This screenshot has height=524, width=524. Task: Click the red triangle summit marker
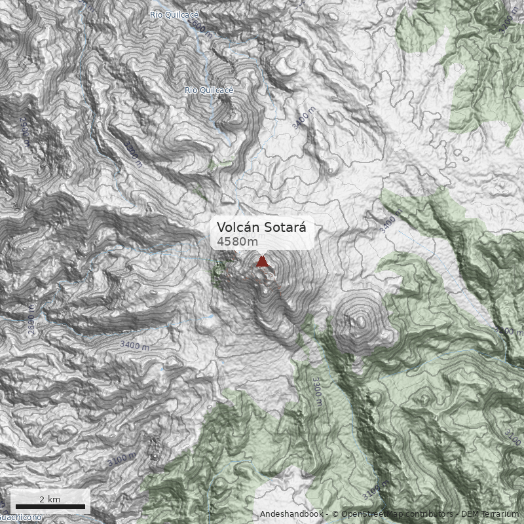263,261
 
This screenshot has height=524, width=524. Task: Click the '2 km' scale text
50,499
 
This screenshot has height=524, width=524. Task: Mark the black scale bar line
50,506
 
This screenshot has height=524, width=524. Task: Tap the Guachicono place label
20,517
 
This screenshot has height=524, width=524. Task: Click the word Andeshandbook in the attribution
291,514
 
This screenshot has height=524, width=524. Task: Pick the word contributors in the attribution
426,514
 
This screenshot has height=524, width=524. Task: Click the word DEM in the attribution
471,514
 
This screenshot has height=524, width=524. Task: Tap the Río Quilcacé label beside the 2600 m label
174,14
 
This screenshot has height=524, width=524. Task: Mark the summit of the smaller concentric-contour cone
360,321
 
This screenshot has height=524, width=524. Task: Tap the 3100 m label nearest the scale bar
122,458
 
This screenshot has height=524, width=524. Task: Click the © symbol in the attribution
334,514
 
